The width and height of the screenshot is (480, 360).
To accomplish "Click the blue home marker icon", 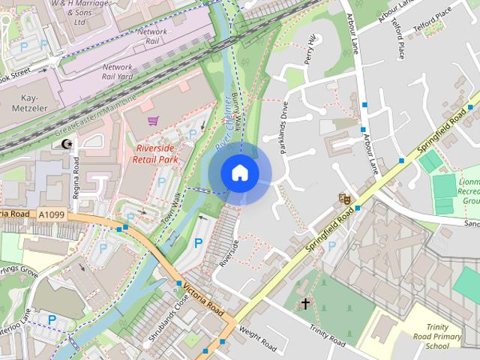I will click(x=239, y=172).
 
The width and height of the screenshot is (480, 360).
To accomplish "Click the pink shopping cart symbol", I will click(x=153, y=120).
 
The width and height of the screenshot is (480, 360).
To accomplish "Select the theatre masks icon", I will click(x=344, y=199).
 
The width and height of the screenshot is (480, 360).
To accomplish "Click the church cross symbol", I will click(x=305, y=304).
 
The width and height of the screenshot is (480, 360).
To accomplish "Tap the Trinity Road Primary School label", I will click(x=443, y=337).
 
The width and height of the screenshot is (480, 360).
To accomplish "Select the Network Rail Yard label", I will click(x=116, y=71).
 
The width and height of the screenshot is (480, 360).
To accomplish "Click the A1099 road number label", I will click(x=51, y=215).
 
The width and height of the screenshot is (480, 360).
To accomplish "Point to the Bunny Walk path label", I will click(x=236, y=114).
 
